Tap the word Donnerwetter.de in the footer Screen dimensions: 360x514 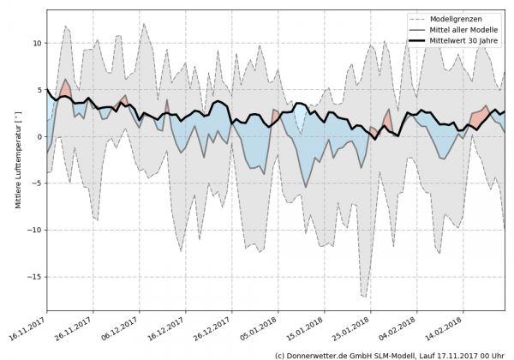pyautogui.click(x=319, y=354)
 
